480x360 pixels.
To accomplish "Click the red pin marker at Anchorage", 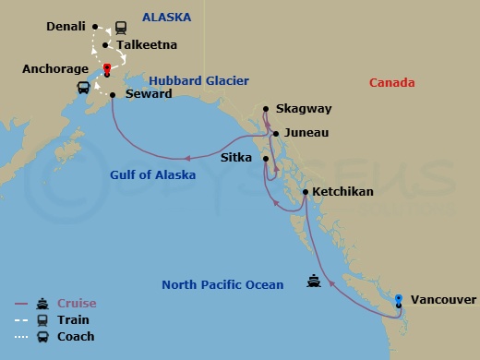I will click(x=107, y=68).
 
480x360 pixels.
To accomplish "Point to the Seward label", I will click(x=148, y=94).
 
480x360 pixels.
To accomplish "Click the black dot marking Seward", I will click(x=113, y=94).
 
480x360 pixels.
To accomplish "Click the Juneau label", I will click(x=307, y=132).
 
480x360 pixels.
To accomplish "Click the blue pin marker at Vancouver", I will click(x=398, y=298).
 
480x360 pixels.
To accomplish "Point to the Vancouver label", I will click(x=443, y=300).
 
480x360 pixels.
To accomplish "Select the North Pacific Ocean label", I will click(x=222, y=285).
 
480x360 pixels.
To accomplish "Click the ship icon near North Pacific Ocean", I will click(x=314, y=282).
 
